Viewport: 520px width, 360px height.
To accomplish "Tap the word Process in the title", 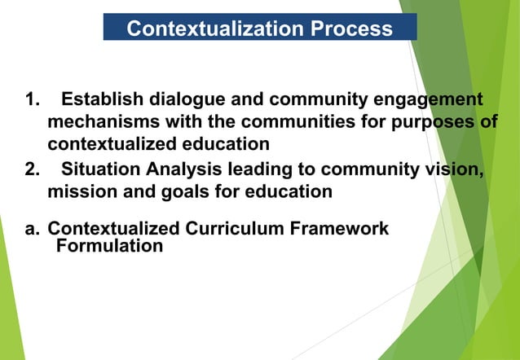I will pyautogui.click(x=351, y=29).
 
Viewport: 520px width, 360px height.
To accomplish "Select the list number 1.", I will pyautogui.click(x=32, y=100).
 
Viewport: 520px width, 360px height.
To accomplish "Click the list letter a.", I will pyautogui.click(x=32, y=229).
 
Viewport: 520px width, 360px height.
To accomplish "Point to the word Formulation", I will pyautogui.click(x=109, y=245).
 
